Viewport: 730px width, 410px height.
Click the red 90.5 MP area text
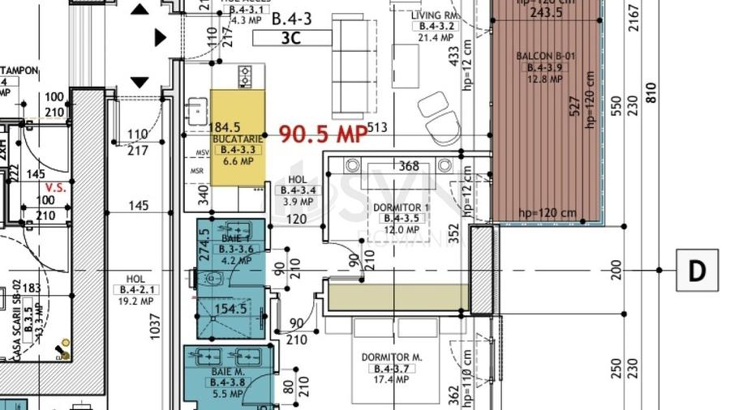tap(324, 135)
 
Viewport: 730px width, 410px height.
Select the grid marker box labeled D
tap(697, 270)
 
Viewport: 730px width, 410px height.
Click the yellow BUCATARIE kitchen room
tap(238, 138)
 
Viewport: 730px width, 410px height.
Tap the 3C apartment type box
tap(293, 36)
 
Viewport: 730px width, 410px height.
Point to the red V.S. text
tap(55, 186)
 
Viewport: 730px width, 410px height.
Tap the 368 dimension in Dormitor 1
tap(409, 166)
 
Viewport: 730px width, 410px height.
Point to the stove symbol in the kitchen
tap(246, 78)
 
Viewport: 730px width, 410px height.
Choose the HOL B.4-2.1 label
tap(136, 288)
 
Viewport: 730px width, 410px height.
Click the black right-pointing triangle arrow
tap(160, 37)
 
